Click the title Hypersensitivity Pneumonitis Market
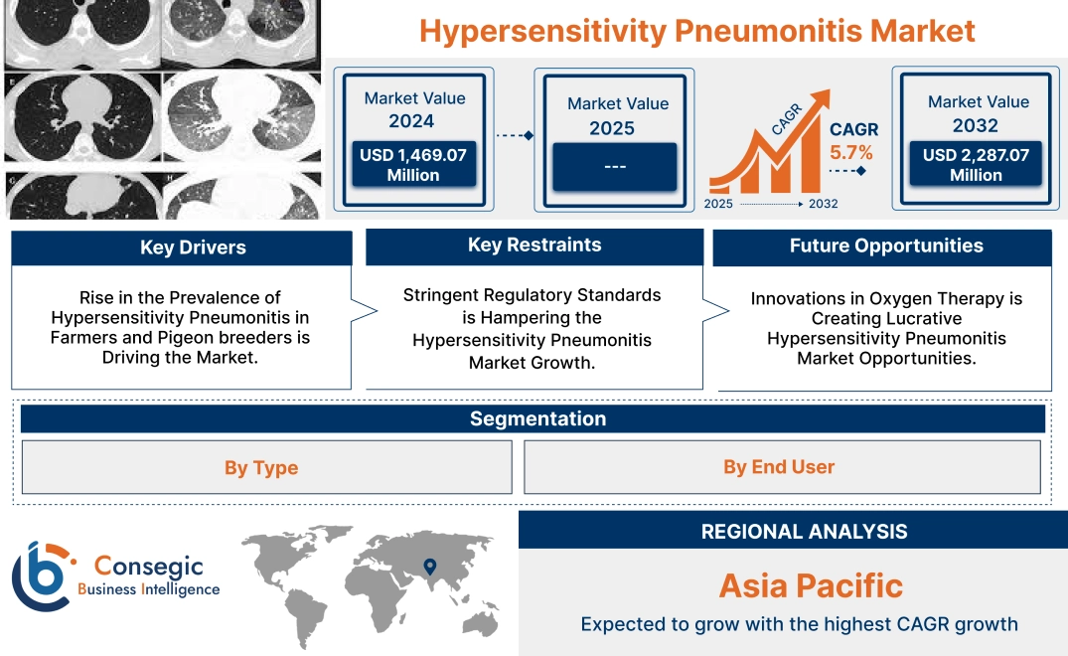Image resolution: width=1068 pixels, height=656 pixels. [x=696, y=30]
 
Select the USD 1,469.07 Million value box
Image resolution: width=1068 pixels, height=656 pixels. [x=412, y=165]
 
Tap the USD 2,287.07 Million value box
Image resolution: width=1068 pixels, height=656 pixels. [x=976, y=165]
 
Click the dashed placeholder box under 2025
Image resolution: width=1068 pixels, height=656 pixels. [x=614, y=167]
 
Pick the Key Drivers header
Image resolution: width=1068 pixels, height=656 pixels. [x=193, y=247]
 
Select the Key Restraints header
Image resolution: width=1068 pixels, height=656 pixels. [x=534, y=246]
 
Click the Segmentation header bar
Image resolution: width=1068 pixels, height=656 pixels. [x=537, y=418]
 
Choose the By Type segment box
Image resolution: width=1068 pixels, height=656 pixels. [x=261, y=467]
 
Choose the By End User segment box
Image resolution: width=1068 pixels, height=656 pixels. [x=779, y=466]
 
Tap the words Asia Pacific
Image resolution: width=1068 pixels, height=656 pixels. [x=811, y=585]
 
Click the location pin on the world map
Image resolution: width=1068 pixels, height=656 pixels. [x=429, y=567]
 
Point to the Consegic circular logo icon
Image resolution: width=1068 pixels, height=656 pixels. [x=42, y=575]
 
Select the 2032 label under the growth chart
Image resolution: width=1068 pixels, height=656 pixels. [x=823, y=204]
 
